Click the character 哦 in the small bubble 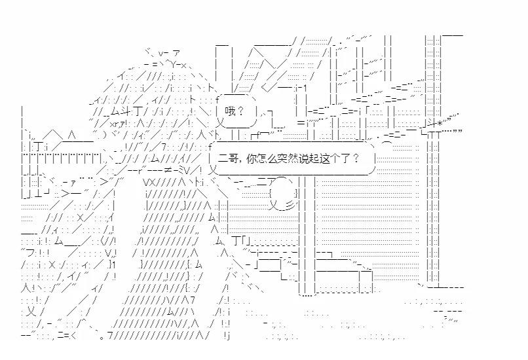[x=229, y=111]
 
